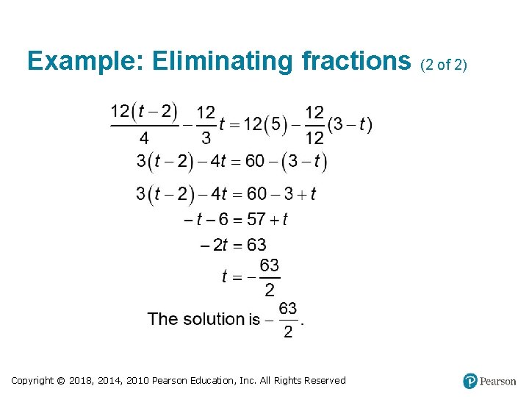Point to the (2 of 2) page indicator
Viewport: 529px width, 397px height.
(443, 65)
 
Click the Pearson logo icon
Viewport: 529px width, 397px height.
(470, 381)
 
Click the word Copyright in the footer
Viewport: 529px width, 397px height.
(32, 380)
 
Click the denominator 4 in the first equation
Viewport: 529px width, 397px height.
(144, 137)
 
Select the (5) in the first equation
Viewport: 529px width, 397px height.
(276, 124)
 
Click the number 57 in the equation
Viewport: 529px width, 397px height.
(256, 219)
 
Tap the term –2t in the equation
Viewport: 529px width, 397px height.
(215, 245)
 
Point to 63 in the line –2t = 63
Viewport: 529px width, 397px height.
(256, 245)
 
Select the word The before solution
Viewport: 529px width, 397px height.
(162, 319)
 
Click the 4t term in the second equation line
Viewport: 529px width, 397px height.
(220, 161)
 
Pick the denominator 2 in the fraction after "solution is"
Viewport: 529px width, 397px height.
(288, 332)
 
